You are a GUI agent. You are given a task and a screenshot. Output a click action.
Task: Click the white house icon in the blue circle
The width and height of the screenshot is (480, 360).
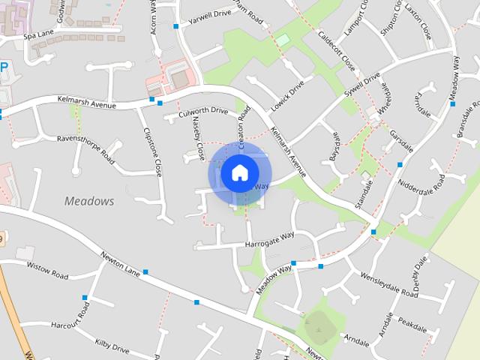click(x=238, y=172)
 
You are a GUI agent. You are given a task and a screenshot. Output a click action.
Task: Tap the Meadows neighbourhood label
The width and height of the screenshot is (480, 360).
click(x=89, y=201)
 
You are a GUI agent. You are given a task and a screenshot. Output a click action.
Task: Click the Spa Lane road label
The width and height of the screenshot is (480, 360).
click(x=39, y=35)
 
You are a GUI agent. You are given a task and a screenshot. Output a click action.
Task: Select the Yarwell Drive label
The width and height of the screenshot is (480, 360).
click(x=211, y=14)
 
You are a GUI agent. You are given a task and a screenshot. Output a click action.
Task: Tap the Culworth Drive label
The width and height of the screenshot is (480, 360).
click(x=202, y=112)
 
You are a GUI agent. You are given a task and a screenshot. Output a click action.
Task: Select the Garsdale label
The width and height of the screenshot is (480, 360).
click(x=402, y=138)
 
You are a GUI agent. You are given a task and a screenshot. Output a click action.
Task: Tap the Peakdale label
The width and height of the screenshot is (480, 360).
click(x=412, y=325)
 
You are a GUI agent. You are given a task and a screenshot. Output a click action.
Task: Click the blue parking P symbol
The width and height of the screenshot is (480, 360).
click(x=4, y=67)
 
